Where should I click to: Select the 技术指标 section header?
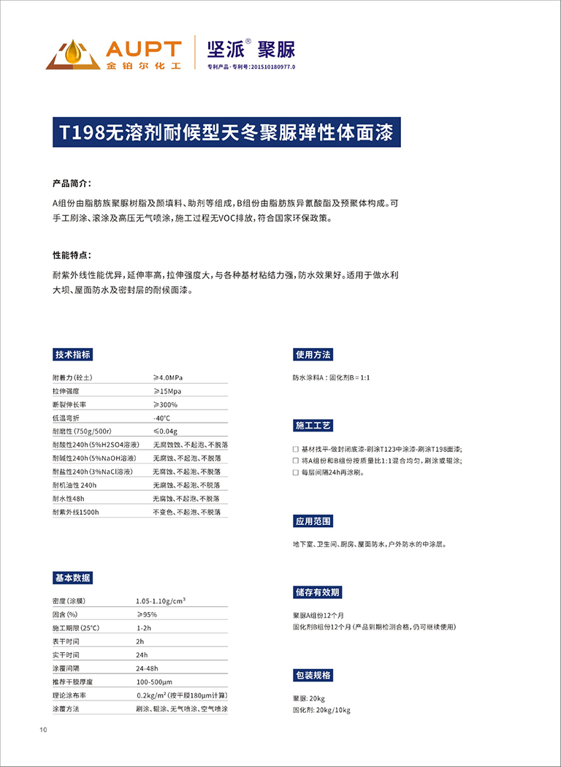tap(73, 355)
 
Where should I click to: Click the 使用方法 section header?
tap(313, 355)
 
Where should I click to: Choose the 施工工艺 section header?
tap(313, 425)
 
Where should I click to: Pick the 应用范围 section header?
tap(313, 521)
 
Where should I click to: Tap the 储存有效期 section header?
tap(317, 592)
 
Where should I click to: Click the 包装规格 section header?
tap(313, 675)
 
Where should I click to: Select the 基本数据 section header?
tap(73, 578)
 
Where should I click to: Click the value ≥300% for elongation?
tap(165, 404)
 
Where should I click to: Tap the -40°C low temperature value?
tap(161, 418)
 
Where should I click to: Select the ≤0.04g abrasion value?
tap(165, 431)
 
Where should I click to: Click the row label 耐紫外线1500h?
tap(76, 512)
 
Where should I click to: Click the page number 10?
tap(43, 730)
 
